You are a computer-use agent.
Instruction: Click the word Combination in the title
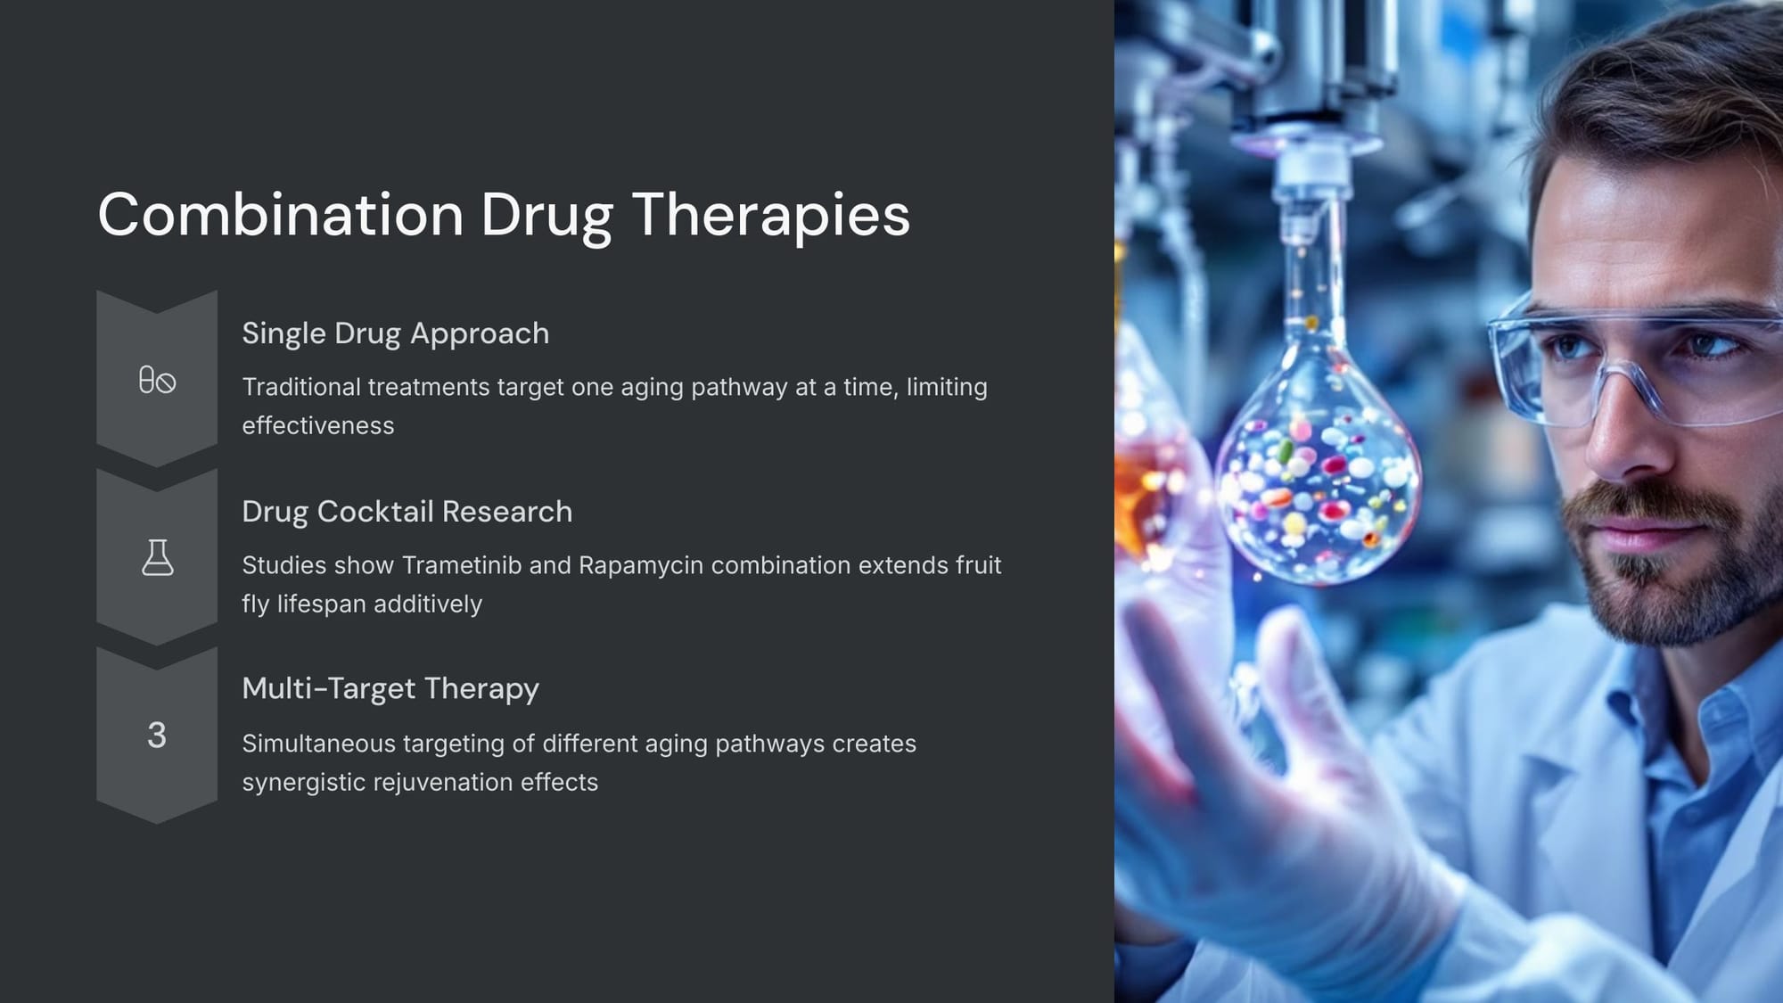pos(281,215)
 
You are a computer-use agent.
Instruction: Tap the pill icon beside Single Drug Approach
pos(157,380)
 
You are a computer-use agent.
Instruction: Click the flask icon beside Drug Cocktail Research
pos(158,557)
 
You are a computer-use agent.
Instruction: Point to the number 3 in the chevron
pos(157,736)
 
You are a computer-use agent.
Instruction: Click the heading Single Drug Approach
pos(396,334)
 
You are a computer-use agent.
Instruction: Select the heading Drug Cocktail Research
pos(407,513)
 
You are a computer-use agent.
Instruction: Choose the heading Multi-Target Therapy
pos(390,689)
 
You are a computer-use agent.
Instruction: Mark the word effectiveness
pos(318,426)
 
